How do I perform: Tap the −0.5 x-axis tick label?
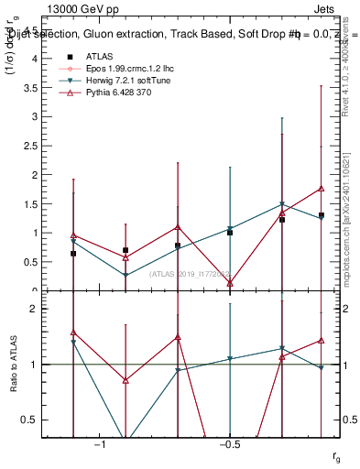229,445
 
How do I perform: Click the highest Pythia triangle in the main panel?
321,189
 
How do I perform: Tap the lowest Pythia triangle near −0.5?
230,283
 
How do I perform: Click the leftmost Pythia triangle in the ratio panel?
73,333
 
